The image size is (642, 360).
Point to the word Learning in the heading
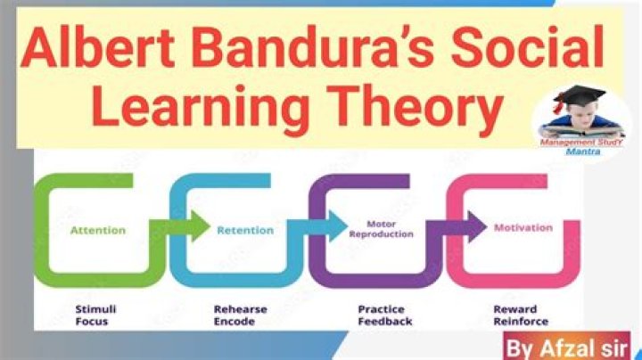(201, 107)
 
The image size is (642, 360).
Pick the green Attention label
(98, 230)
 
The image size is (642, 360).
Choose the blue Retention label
(245, 230)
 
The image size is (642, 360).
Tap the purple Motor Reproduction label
(382, 229)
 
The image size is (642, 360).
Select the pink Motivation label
(523, 227)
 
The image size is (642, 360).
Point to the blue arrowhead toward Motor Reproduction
(338, 226)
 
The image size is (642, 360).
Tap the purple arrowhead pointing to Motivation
(477, 226)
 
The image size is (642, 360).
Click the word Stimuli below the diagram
(95, 309)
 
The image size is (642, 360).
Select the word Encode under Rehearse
(235, 322)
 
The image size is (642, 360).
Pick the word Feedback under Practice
(385, 322)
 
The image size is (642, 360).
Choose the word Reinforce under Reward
(521, 322)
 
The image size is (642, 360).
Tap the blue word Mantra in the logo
(582, 151)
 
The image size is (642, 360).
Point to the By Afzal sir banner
(567, 346)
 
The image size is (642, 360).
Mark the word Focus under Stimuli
(92, 322)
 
